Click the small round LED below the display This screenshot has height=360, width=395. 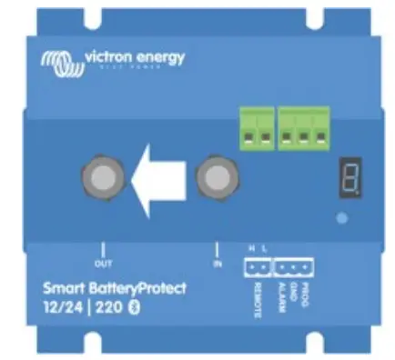341,218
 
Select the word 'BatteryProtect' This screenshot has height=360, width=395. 136,288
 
